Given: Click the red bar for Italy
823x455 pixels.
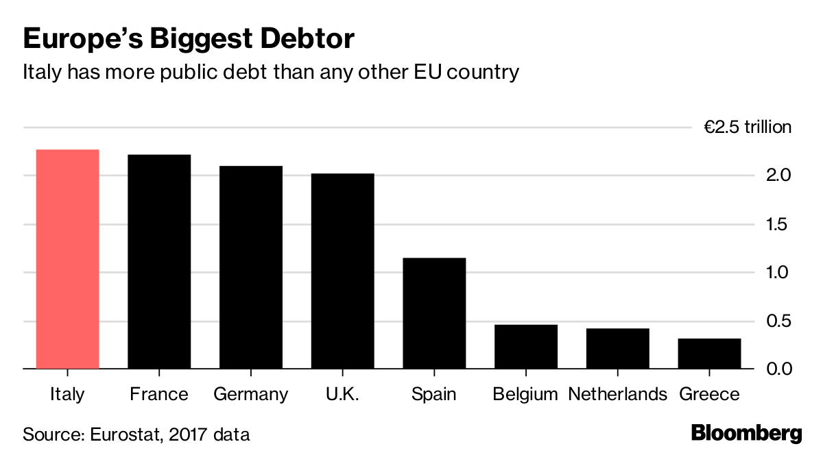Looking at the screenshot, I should (x=67, y=259).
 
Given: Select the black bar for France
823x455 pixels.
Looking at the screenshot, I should (x=159, y=262).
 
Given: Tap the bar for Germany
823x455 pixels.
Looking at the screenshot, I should (x=251, y=267).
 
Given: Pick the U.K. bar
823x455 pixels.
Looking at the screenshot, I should (x=342, y=271).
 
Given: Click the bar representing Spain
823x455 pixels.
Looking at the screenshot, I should (x=434, y=313).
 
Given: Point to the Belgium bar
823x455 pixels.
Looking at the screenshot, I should (x=526, y=347).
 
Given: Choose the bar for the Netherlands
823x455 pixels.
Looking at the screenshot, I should (x=617, y=349).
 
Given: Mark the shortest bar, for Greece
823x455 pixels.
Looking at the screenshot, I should (x=709, y=354).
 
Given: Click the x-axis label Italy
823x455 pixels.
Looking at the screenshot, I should (x=67, y=395).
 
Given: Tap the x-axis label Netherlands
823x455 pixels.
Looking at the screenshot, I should (x=617, y=395).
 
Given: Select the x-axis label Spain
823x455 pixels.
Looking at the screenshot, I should (x=434, y=395).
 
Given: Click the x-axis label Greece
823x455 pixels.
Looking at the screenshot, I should (x=709, y=395).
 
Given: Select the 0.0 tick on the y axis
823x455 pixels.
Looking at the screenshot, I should (x=778, y=369).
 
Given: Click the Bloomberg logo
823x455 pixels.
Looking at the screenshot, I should (x=746, y=434).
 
